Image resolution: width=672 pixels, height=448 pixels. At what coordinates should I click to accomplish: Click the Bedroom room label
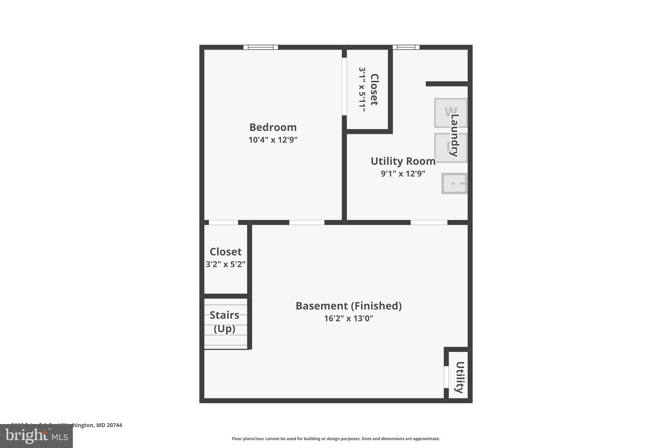pos(273,127)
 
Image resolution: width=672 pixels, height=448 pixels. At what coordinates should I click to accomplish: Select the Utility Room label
pos(403,161)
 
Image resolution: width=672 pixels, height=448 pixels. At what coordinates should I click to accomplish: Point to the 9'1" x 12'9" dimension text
pos(403,174)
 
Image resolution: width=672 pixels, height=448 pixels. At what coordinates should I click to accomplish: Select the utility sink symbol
pos(454,183)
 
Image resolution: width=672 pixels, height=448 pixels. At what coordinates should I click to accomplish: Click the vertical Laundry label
pos(455,135)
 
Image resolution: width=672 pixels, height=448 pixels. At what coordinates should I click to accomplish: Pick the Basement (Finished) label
pos(348,306)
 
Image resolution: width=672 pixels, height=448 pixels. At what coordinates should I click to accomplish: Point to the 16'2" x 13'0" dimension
pos(348,318)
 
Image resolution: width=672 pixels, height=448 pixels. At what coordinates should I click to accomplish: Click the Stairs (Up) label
pos(224,322)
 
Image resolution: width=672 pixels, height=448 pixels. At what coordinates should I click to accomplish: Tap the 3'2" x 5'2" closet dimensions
pos(225,264)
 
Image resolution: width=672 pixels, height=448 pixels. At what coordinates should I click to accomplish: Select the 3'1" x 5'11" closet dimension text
pos(362,90)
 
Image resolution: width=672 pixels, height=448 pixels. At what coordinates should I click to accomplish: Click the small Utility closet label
pos(460,377)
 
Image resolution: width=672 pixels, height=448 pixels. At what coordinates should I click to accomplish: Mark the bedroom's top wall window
pos(261,47)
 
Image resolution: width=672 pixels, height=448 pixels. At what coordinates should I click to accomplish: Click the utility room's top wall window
pos(406,47)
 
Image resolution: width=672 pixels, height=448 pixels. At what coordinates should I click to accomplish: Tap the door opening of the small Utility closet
pos(446,377)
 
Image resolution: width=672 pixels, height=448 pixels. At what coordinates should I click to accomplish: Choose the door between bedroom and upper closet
pos(344,87)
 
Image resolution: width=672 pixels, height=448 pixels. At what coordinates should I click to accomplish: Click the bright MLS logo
pos(36,436)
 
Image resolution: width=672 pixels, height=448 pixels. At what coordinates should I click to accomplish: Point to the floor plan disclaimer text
pos(336,439)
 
